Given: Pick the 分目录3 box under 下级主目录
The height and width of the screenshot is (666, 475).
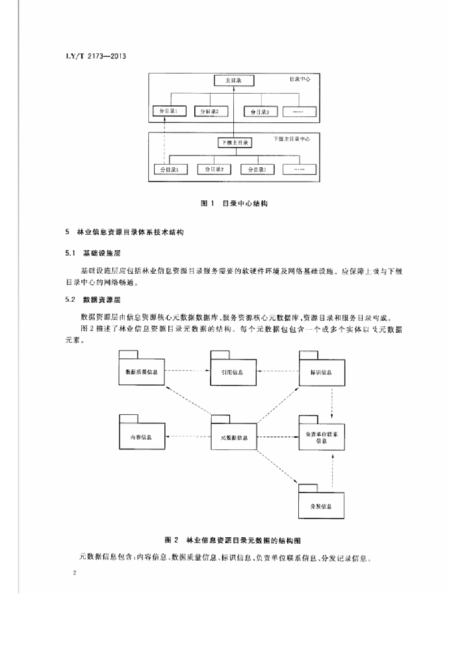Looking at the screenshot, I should tap(259, 170).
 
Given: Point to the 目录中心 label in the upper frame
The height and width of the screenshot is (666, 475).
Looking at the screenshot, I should tap(300, 80).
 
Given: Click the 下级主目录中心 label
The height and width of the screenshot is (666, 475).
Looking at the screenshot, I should tap(291, 139).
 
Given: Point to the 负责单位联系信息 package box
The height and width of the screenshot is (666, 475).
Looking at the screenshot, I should tap(322, 436).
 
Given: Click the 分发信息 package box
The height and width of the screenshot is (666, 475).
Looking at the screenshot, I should tap(321, 505).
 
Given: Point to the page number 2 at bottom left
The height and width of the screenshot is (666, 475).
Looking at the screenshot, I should tap(76, 575).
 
